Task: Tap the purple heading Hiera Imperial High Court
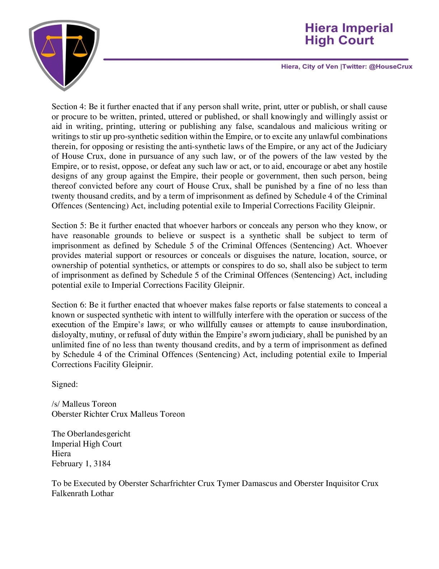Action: coord(349,34)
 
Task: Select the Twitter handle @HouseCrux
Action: coord(391,67)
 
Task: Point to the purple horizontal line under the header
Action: coord(256,59)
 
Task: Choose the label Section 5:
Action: coord(69,226)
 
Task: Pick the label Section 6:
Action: coord(69,305)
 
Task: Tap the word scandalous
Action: coord(277,126)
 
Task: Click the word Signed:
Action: coord(65,384)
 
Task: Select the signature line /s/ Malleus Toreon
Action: coord(84,404)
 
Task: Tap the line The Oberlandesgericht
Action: coord(91,434)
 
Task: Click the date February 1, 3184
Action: coord(81,464)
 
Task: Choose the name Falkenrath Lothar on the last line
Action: coord(82,494)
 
